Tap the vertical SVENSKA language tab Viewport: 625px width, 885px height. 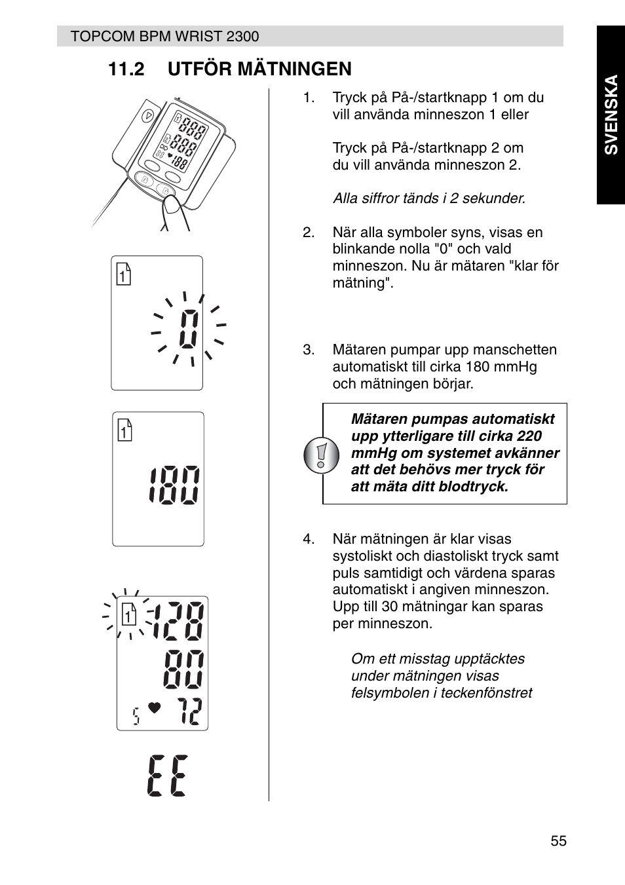pyautogui.click(x=611, y=115)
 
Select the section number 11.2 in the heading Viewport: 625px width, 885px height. pyautogui.click(x=126, y=69)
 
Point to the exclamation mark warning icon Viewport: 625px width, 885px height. pyautogui.click(x=321, y=455)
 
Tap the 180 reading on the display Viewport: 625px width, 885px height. pyautogui.click(x=174, y=485)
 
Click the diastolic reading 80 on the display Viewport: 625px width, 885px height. pyautogui.click(x=183, y=669)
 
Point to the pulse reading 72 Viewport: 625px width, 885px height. pyautogui.click(x=190, y=711)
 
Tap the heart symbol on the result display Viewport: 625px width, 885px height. pyautogui.click(x=154, y=707)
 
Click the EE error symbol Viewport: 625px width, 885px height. pyautogui.click(x=167, y=776)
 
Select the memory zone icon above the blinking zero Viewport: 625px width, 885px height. pyautogui.click(x=123, y=273)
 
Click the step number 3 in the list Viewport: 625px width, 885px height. pyautogui.click(x=308, y=350)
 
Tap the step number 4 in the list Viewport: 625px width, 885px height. pyautogui.click(x=308, y=539)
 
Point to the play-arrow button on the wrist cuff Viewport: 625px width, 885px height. pyautogui.click(x=148, y=116)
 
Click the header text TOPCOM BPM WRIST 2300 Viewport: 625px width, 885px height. pyautogui.click(x=164, y=36)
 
